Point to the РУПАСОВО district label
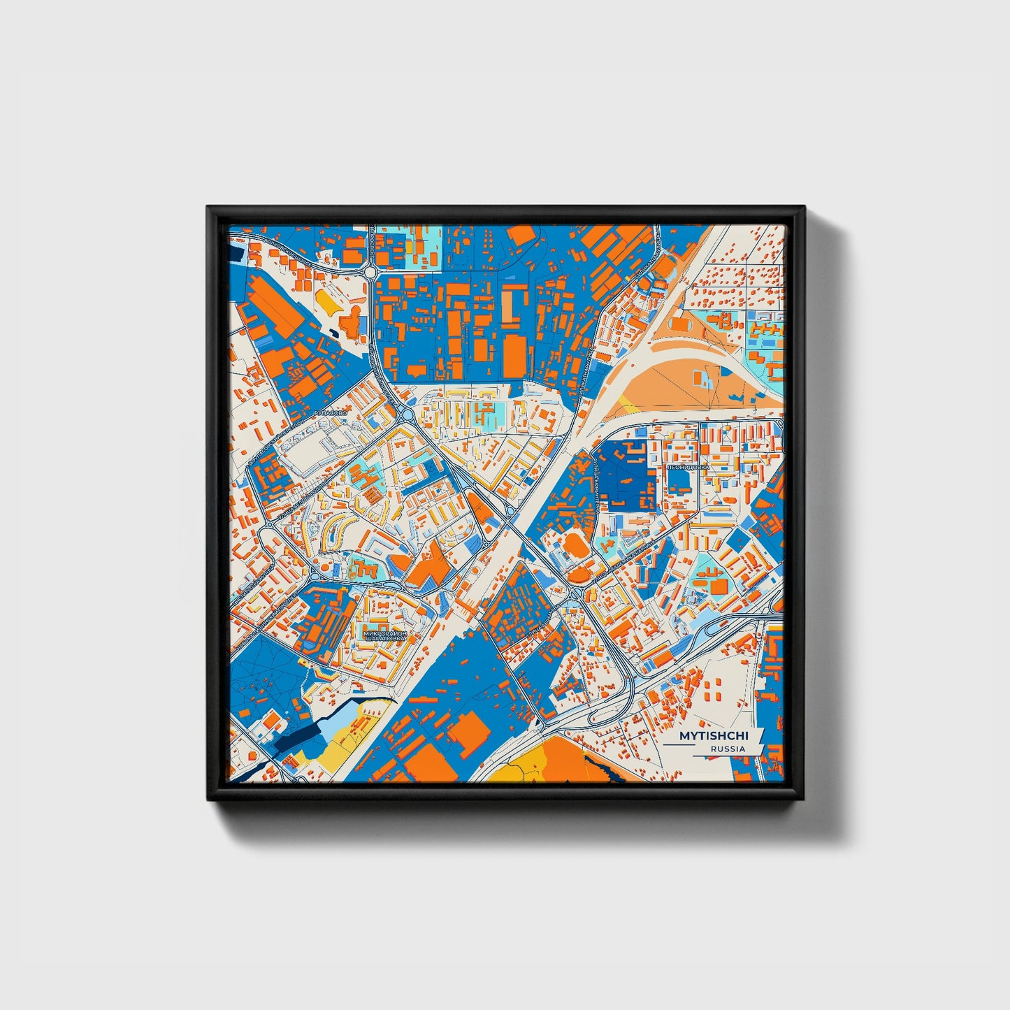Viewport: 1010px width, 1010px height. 331,414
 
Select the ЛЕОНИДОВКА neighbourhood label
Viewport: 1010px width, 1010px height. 688,466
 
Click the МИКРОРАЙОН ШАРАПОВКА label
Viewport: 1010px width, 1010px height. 384,636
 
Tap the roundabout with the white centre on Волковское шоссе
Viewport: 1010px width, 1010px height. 370,270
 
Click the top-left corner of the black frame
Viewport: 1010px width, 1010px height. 209,208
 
